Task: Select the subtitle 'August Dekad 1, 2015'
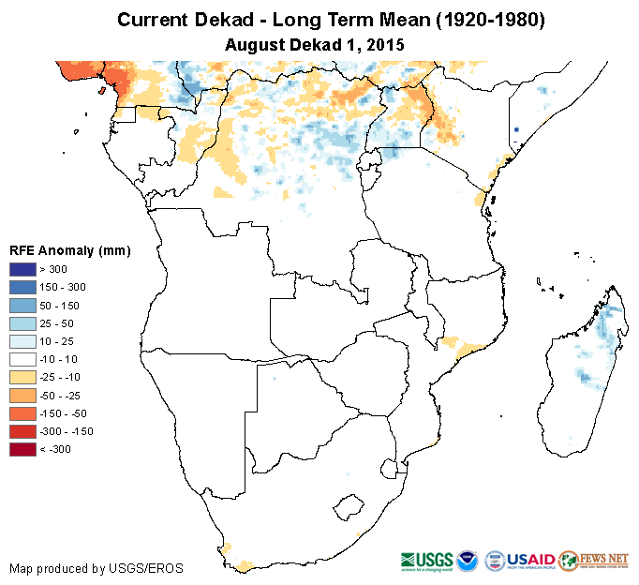(x=319, y=44)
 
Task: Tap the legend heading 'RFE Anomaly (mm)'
(x=69, y=250)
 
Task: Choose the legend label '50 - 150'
(x=57, y=306)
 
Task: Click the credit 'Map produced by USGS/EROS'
(x=97, y=568)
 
